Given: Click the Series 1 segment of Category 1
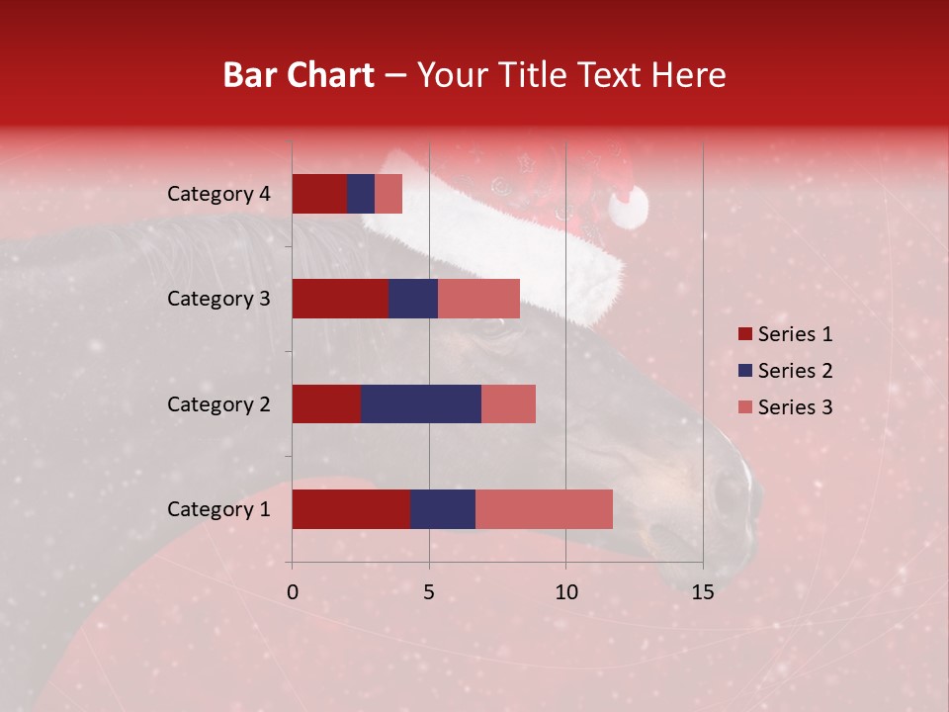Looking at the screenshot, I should pos(350,508).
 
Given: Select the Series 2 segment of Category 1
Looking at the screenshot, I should pos(442,508).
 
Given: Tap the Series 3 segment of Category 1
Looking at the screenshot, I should pos(544,508).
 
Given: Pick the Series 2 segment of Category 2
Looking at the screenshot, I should pos(420,403).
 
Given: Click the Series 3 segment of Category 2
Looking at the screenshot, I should pos(508,403).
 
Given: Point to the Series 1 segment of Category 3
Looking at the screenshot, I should pos(339,299).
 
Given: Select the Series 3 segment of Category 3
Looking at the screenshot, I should pos(478,299).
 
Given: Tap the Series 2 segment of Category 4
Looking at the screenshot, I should pos(361,194).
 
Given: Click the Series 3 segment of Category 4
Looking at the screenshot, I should pos(388,194).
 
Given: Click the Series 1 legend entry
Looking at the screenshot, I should pos(784,334).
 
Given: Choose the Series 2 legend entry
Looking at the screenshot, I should pos(784,371).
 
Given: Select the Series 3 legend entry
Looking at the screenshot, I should pos(784,407).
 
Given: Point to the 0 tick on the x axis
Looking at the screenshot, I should pos(293,592).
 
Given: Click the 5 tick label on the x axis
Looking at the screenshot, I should pos(429,592).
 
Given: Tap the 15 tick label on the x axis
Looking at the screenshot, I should pos(703,592).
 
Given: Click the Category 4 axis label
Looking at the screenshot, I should pos(218,194).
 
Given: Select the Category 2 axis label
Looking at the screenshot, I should pos(218,403).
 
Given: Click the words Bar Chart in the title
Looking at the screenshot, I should pos(299,74).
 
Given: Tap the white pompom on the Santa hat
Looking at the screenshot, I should pos(629,207).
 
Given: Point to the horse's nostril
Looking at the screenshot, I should pos(729,494).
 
